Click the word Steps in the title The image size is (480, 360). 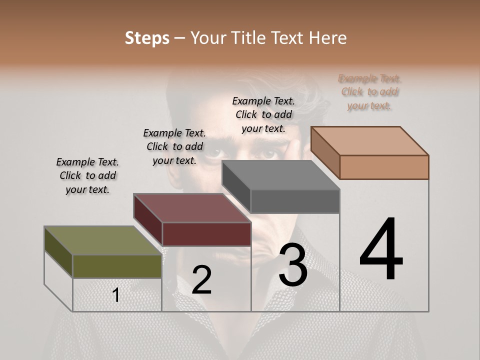(x=147, y=38)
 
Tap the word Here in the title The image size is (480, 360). (x=327, y=38)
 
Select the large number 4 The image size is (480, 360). (x=381, y=250)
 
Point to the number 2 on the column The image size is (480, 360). (x=201, y=280)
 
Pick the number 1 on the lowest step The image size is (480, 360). (x=116, y=295)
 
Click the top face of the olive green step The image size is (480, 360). (x=102, y=240)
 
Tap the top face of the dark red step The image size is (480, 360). (x=192, y=208)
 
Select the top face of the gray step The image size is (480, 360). (x=280, y=175)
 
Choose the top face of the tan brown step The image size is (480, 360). (x=369, y=141)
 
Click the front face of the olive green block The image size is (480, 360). (x=117, y=266)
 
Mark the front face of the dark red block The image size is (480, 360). (x=206, y=234)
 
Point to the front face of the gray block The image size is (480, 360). (x=295, y=201)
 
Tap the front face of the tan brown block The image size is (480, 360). (x=384, y=167)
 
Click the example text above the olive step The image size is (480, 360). (x=87, y=175)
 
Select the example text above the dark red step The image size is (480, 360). (x=174, y=146)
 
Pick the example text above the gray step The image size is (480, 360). (x=263, y=114)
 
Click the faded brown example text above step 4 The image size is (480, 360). (x=369, y=92)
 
